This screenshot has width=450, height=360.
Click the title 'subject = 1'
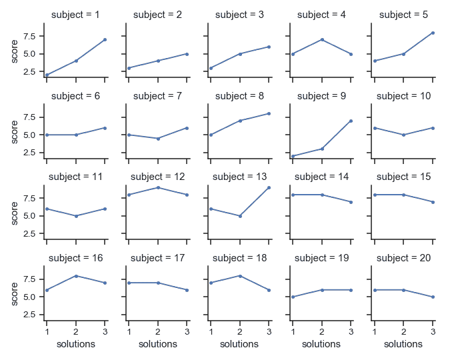(76, 15)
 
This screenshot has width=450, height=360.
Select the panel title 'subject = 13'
(239, 177)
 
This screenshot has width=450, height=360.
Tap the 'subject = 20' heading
(403, 258)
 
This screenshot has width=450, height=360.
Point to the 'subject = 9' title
(321, 96)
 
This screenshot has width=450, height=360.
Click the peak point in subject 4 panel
(321, 39)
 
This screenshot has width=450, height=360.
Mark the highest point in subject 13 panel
(269, 187)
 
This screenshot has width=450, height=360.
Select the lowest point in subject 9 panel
(293, 156)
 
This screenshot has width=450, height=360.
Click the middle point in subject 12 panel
(158, 187)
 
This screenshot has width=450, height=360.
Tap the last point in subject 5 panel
(433, 33)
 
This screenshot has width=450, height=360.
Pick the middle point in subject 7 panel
(158, 139)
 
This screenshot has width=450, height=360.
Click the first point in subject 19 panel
(293, 297)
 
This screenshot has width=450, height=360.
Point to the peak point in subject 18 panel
(239, 275)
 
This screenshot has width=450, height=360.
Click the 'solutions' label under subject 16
(76, 344)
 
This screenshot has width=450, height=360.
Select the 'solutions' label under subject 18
(239, 344)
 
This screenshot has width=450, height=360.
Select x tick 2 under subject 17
(158, 331)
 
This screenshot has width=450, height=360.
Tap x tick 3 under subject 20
(433, 331)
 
